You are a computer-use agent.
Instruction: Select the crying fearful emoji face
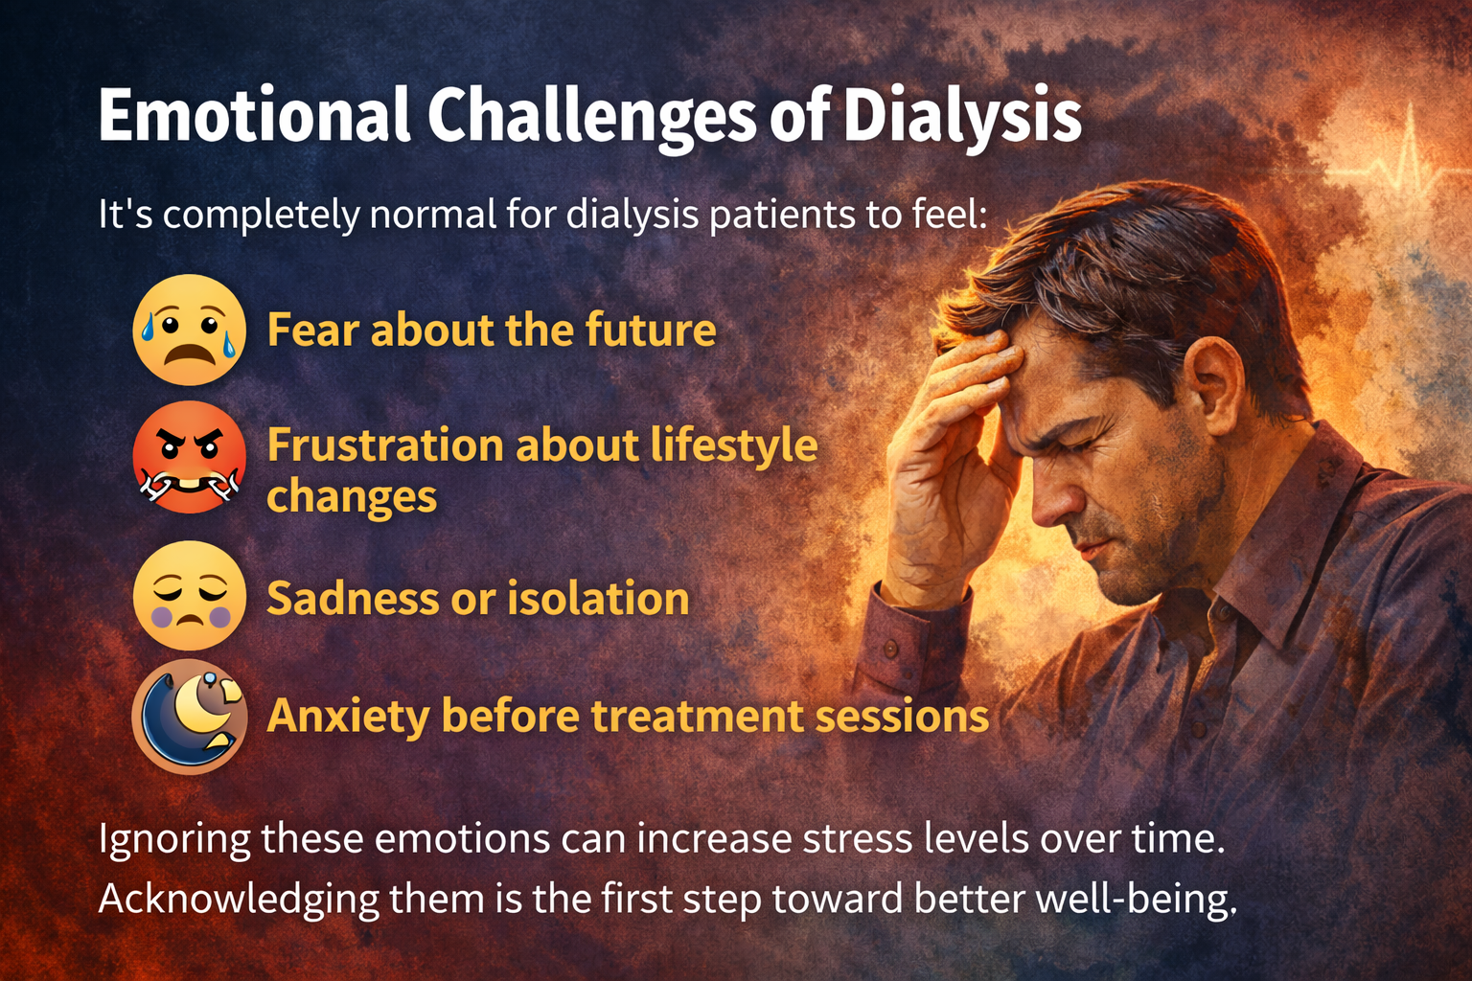(189, 330)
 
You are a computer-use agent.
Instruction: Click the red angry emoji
(189, 457)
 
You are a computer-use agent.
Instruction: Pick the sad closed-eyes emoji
(189, 595)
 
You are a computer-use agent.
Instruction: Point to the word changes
(352, 497)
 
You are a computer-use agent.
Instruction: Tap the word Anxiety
(348, 717)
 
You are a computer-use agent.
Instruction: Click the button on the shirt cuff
(891, 650)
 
